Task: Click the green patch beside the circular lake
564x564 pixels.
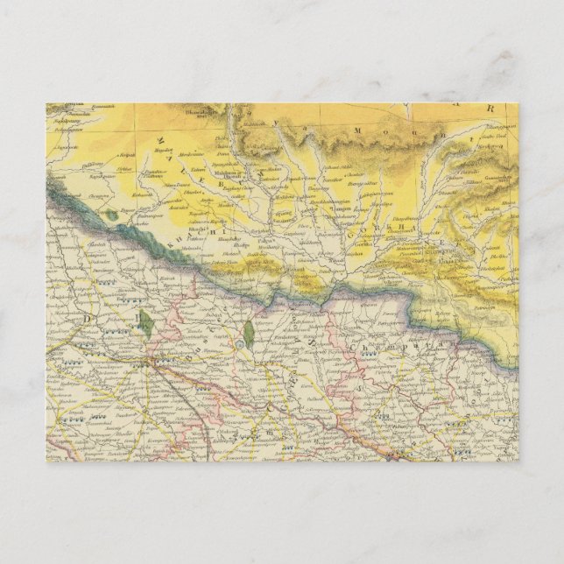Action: point(249,332)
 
